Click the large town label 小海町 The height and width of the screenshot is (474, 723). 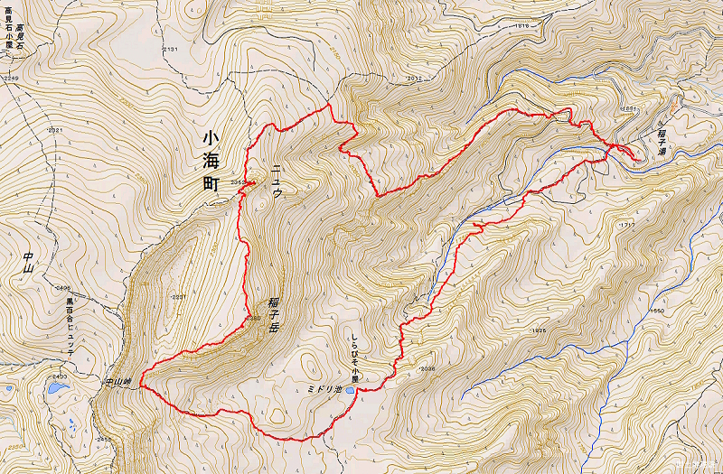[210, 161]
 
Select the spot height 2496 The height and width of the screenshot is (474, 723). [62, 288]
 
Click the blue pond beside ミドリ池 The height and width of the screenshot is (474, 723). [350, 392]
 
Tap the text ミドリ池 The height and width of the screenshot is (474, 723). [324, 392]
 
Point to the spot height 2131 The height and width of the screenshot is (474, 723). [171, 48]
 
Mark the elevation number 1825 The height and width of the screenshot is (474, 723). [540, 330]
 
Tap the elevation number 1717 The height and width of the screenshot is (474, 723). [626, 224]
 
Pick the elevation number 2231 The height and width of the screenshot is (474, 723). [178, 297]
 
